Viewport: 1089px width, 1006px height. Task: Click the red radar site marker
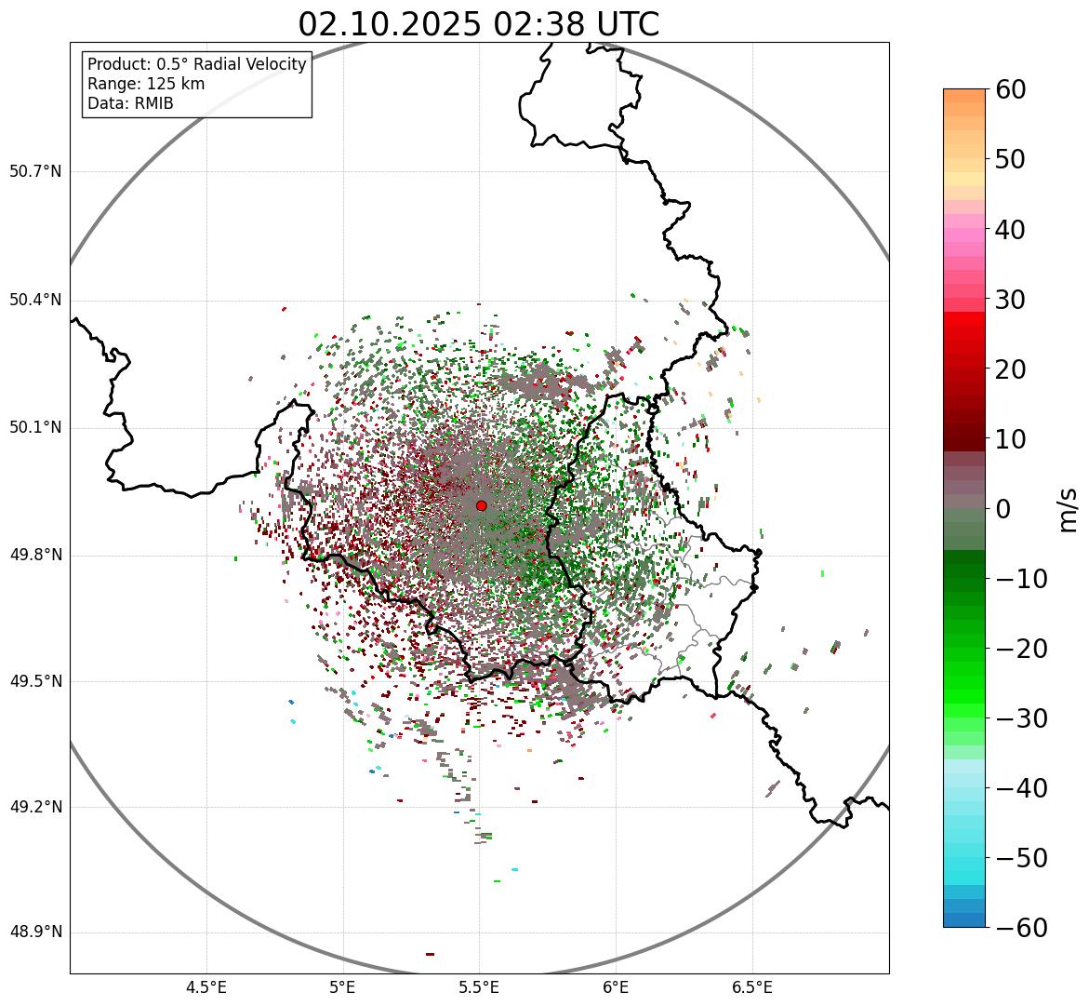pos(481,505)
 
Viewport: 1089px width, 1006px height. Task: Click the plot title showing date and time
pos(478,24)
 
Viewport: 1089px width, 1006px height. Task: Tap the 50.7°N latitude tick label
pos(35,172)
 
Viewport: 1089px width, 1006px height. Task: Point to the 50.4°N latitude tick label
pos(35,300)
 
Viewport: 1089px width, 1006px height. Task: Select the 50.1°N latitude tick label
pos(35,428)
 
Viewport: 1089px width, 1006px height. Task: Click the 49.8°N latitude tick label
pos(35,555)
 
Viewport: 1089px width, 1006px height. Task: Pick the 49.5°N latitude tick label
pos(35,681)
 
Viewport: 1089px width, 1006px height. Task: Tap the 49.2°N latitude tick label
pos(35,807)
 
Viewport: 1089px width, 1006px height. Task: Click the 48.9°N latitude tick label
pos(35,932)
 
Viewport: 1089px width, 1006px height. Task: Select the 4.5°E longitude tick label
pos(206,987)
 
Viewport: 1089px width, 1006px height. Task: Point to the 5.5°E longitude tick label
pos(479,987)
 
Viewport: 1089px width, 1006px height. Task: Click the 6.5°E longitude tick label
pos(751,987)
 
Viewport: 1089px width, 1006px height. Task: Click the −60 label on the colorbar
pos(1021,928)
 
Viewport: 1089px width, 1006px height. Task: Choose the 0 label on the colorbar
pos(1003,509)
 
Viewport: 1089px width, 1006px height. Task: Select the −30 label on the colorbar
pos(1021,718)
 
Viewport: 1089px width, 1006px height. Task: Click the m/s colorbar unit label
pos(1068,509)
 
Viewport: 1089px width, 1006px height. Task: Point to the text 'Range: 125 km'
pos(146,84)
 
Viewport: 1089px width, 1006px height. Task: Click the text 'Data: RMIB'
pos(130,103)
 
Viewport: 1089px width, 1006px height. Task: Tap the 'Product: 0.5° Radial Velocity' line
pos(196,64)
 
